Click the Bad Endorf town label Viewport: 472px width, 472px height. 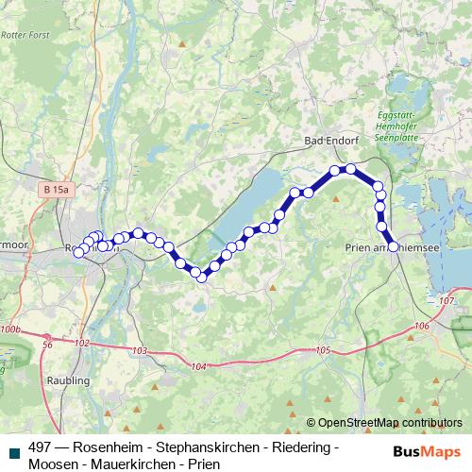[331, 140]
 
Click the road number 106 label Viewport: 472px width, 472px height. [422, 325]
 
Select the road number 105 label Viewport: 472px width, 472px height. [323, 350]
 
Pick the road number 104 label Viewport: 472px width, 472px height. [197, 365]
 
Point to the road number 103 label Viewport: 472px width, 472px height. [141, 351]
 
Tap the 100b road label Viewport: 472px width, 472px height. [10, 329]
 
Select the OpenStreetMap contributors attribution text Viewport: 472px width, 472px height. [390, 423]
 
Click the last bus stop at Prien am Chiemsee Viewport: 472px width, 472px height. [394, 247]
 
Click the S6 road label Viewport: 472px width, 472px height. [47, 346]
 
